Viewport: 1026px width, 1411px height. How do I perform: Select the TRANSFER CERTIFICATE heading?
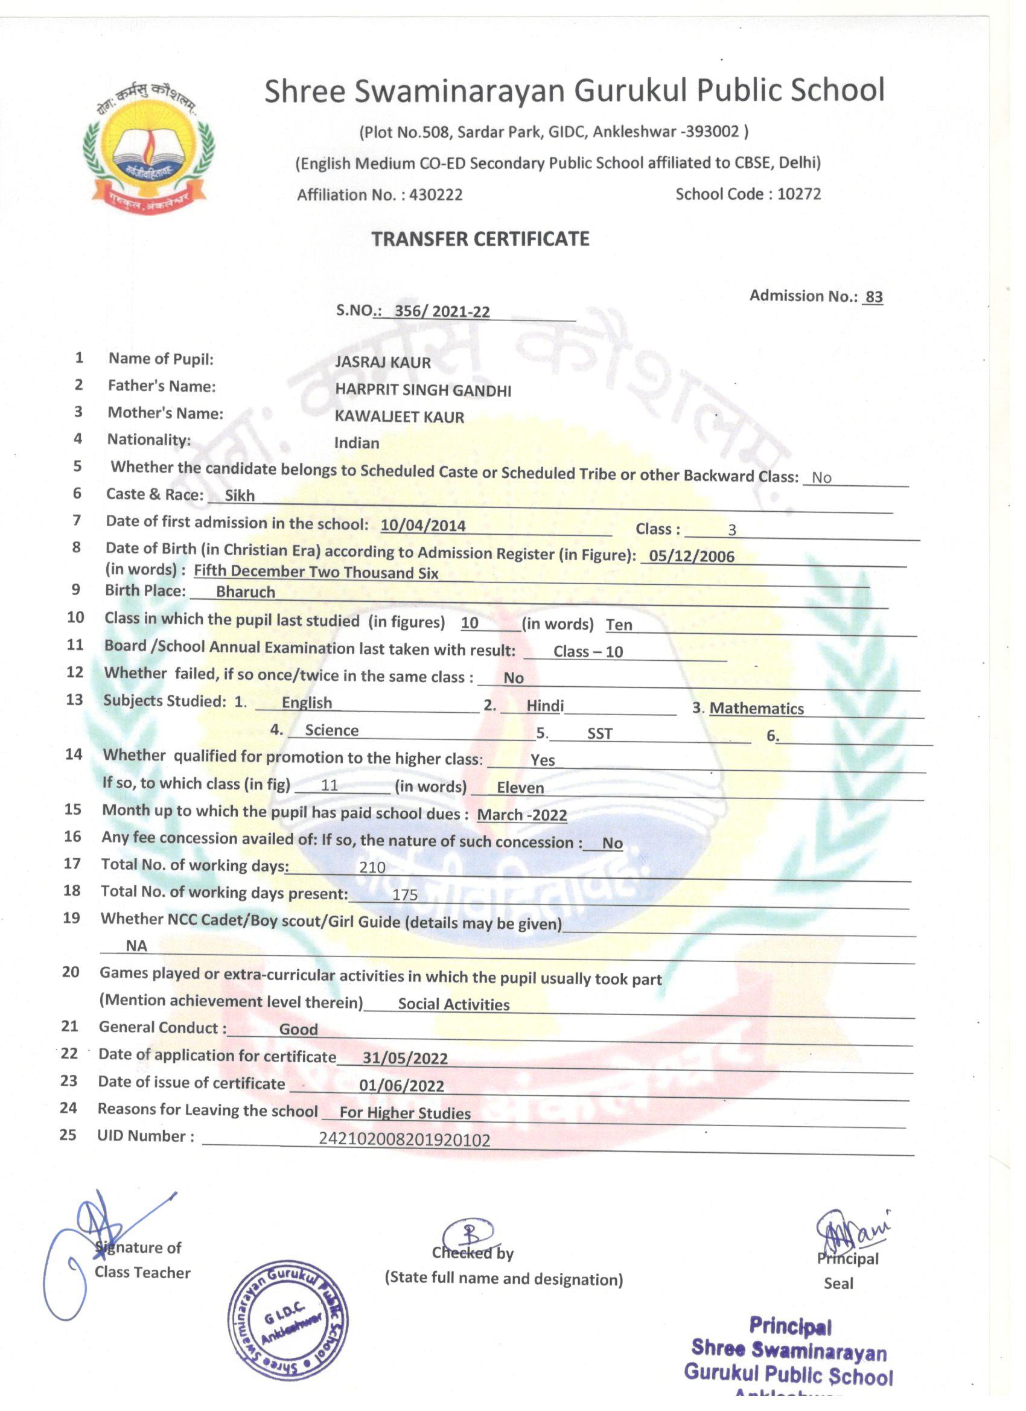[480, 239]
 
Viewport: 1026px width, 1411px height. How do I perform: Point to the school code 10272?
[799, 194]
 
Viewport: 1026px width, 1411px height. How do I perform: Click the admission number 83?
[873, 297]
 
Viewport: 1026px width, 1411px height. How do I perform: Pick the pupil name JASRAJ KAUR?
[383, 362]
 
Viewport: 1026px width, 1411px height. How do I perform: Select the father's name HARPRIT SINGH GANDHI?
[423, 390]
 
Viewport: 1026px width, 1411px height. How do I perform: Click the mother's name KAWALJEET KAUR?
[400, 417]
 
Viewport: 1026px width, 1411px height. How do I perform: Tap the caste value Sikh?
[240, 495]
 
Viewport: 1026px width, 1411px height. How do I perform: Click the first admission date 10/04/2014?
[423, 525]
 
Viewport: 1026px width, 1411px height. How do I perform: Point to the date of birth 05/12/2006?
[691, 556]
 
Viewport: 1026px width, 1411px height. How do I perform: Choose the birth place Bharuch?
[245, 591]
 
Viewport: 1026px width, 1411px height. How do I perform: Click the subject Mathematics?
[756, 708]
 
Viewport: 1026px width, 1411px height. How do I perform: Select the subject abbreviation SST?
[600, 733]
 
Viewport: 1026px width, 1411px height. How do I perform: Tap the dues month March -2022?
[522, 814]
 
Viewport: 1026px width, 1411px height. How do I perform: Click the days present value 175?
[404, 894]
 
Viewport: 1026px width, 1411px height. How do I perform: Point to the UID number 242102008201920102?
[404, 1139]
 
